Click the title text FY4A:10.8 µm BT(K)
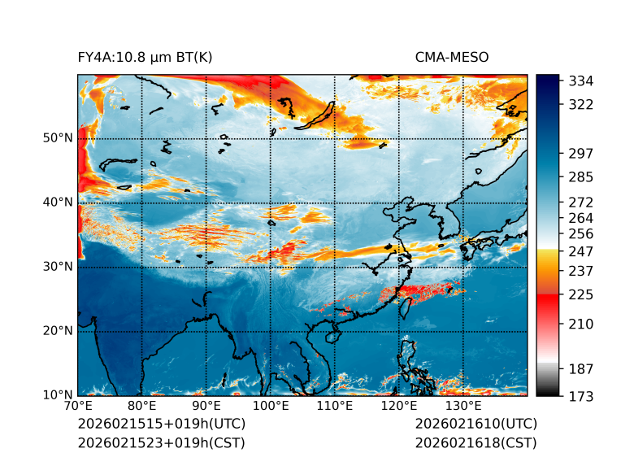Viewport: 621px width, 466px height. (145, 58)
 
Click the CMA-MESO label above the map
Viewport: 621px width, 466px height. (452, 58)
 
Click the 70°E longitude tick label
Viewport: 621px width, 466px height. (78, 407)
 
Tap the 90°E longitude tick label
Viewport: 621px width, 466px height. (206, 407)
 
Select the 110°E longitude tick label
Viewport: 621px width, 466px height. (335, 407)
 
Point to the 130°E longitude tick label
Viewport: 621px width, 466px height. (463, 407)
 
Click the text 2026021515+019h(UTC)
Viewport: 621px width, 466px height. (161, 425)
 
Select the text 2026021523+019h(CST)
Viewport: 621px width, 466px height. (161, 443)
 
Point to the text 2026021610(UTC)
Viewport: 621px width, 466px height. (476, 425)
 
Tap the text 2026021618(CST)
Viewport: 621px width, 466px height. (476, 443)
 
